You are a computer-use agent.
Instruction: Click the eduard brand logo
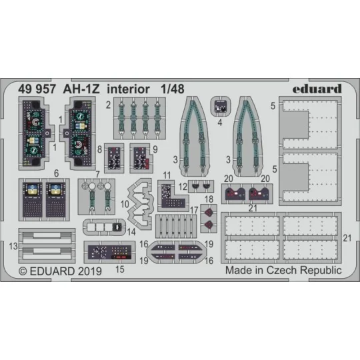[317, 89]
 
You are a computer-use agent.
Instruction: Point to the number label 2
[108, 104]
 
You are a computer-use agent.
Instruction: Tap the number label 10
[126, 201]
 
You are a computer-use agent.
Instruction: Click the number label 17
[194, 210]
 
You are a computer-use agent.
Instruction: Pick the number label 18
[209, 199]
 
